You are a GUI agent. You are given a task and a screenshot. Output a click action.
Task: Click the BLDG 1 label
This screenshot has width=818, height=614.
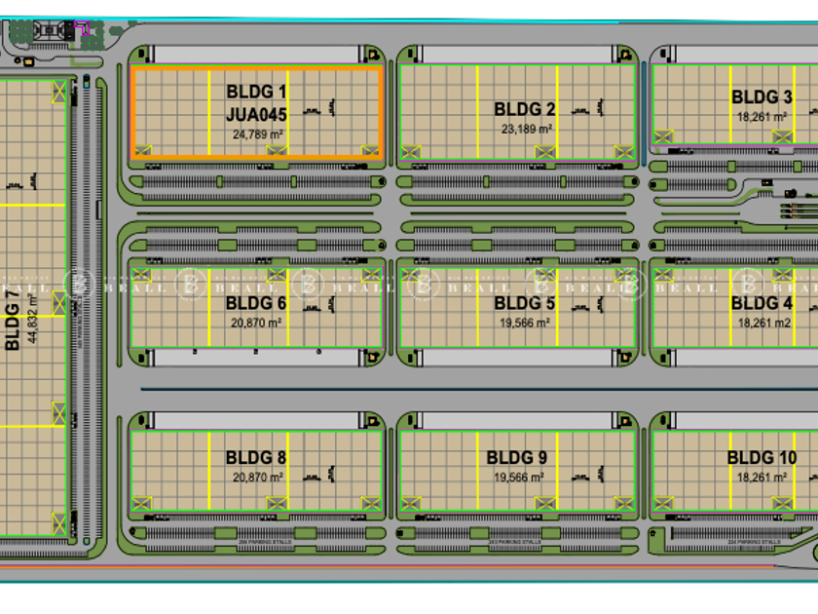click(257, 92)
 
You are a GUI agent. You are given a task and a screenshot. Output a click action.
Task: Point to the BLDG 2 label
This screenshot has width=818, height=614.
click(525, 110)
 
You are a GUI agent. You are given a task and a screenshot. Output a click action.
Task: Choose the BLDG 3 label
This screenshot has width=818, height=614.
click(762, 96)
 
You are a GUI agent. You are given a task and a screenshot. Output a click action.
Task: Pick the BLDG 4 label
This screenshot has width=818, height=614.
click(762, 303)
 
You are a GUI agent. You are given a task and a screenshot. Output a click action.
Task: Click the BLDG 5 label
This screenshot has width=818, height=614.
click(525, 303)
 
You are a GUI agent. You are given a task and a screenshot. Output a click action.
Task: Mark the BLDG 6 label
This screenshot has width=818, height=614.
click(256, 303)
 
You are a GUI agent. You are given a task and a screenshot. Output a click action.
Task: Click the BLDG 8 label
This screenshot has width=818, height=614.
click(256, 458)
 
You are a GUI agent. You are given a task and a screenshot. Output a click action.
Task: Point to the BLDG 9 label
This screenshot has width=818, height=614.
click(517, 458)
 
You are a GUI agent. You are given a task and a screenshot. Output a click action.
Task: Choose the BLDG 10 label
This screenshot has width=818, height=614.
click(761, 458)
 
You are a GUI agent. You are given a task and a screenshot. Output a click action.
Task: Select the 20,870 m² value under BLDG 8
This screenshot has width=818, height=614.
click(257, 478)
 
